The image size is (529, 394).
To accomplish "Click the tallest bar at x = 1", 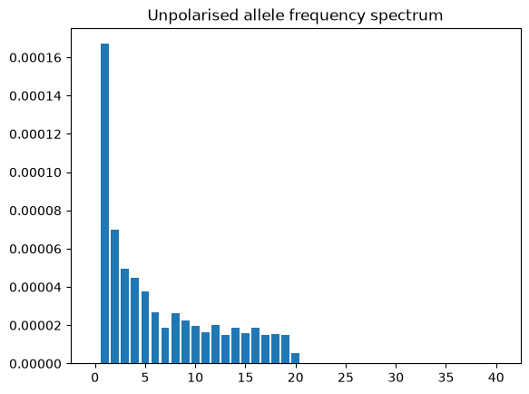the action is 105,203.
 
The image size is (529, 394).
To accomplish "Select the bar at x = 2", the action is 114,297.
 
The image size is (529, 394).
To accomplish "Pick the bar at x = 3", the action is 125,316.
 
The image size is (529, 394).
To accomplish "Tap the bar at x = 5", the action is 145,328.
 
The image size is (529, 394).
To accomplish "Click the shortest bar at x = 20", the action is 295,359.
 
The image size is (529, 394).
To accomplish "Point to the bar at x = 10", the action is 195,345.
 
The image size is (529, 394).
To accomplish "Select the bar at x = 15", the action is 245,349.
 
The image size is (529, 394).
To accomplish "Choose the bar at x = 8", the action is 175,339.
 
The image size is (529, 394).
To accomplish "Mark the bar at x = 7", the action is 165,346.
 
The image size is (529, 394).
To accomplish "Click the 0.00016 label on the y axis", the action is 35,58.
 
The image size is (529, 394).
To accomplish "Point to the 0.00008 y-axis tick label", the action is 35,211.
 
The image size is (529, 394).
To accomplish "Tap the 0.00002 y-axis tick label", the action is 35,326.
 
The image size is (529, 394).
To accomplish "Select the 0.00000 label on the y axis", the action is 35,364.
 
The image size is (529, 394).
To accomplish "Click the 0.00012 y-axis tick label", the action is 35,134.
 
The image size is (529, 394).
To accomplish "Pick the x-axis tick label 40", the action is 496,378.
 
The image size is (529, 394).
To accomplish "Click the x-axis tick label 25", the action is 346,378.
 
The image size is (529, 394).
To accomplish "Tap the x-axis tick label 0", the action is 94,378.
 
